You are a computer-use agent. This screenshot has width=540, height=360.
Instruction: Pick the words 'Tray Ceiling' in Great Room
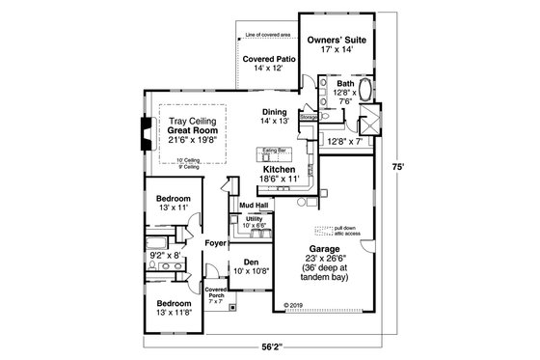191,120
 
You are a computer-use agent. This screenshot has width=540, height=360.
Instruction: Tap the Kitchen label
280,168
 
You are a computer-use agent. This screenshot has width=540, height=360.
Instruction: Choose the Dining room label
275,111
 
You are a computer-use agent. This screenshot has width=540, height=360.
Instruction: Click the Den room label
251,262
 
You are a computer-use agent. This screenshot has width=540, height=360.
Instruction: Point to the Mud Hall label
254,205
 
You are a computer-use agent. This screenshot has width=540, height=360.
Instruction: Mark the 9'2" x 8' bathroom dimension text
169,256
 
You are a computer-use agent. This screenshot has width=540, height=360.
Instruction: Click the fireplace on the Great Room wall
146,131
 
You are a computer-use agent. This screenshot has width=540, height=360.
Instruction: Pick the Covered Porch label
214,292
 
